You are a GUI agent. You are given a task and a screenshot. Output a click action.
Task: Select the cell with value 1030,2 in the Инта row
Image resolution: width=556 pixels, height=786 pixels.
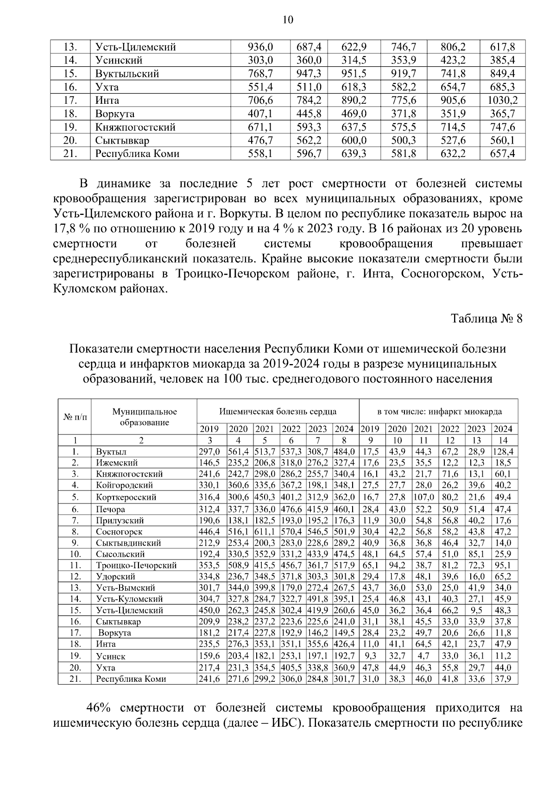click(x=502, y=100)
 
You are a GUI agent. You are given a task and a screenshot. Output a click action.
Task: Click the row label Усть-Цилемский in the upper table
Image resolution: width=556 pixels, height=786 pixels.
click(x=129, y=47)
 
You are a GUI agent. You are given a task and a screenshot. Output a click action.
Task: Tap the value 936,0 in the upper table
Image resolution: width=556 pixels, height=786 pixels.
click(x=261, y=47)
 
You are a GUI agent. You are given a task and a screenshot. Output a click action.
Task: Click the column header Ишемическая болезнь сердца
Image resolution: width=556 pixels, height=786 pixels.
click(x=278, y=411)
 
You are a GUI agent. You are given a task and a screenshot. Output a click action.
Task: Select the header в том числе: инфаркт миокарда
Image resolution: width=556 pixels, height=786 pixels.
click(x=439, y=411)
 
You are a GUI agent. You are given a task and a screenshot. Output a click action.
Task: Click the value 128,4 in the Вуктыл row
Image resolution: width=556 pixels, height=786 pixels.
click(x=505, y=452)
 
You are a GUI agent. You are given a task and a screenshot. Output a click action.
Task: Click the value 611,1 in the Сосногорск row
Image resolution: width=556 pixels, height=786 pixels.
click(x=265, y=532)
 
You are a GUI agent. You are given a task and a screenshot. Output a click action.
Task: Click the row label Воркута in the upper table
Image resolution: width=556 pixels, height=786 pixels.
click(x=115, y=113)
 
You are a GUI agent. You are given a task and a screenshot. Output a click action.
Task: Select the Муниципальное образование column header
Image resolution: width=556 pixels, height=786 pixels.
click(x=144, y=416)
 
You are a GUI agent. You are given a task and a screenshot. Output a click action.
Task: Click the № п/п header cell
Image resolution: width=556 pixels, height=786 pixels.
click(x=74, y=416)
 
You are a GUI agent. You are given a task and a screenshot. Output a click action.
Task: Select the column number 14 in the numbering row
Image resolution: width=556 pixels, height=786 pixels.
click(x=503, y=440)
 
